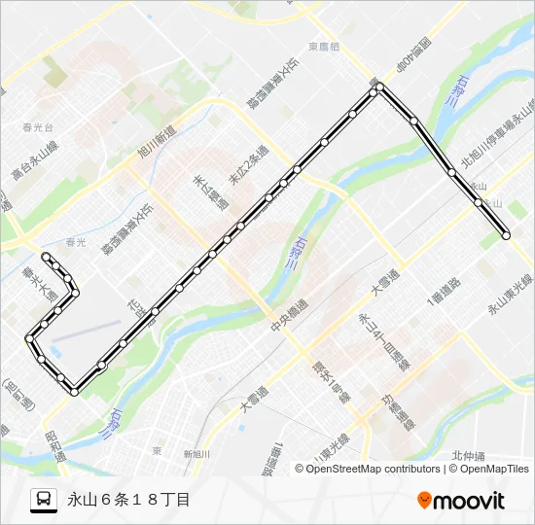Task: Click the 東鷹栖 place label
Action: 324,47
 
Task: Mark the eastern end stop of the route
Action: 506,234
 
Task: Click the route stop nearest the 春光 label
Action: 46,256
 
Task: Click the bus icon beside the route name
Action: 44,500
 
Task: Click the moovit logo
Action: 461,501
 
